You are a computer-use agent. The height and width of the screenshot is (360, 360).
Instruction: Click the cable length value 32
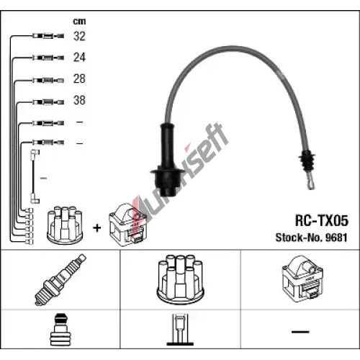point(79,36)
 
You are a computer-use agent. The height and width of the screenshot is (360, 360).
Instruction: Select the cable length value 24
point(79,58)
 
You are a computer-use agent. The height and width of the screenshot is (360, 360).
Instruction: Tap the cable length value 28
point(79,78)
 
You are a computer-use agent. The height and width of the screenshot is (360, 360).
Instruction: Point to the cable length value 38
point(79,100)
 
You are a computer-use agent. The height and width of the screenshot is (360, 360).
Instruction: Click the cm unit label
point(79,22)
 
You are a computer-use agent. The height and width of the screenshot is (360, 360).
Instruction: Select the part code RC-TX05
point(322,220)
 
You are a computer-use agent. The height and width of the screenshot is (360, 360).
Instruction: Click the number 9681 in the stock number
point(336,238)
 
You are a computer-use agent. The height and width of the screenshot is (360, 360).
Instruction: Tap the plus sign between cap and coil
point(97,228)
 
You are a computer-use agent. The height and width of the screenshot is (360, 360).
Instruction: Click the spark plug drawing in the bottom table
point(60,279)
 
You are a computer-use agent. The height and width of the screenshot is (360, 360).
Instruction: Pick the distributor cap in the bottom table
point(180,279)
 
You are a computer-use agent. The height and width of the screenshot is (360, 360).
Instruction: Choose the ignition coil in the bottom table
point(302,279)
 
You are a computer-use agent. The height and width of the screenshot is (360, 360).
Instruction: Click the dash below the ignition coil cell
point(300,332)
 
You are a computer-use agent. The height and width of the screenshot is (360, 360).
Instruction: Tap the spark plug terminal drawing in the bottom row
point(60,329)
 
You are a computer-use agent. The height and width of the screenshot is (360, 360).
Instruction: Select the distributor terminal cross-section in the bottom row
point(180,330)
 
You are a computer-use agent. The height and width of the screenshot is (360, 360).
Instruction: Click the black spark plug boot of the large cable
point(168,160)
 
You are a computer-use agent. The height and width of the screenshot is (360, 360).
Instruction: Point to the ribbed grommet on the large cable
point(307,161)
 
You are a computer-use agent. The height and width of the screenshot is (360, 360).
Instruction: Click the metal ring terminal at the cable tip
point(310,182)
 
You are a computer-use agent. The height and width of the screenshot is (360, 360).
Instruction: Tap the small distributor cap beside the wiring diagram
point(65,225)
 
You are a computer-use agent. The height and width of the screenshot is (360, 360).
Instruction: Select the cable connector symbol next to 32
point(48,36)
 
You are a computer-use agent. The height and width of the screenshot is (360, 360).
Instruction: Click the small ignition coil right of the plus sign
point(127,225)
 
